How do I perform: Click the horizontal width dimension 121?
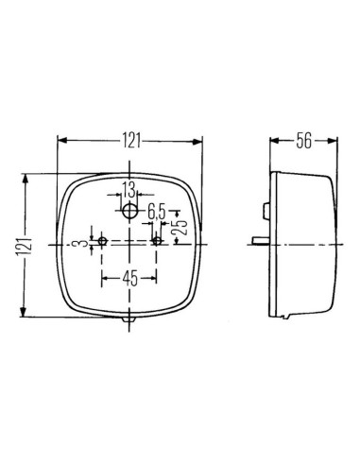click(x=130, y=142)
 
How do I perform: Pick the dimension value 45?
click(x=129, y=278)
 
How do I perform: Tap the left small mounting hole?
click(x=102, y=240)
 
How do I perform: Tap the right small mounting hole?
click(x=157, y=240)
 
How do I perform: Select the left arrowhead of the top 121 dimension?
click(x=62, y=142)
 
